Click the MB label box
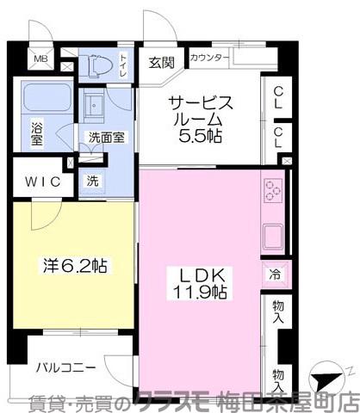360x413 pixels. [40, 59]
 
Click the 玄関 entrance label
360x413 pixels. [161, 61]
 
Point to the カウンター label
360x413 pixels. [209, 59]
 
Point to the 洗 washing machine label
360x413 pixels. [92, 181]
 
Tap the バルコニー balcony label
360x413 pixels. [66, 367]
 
